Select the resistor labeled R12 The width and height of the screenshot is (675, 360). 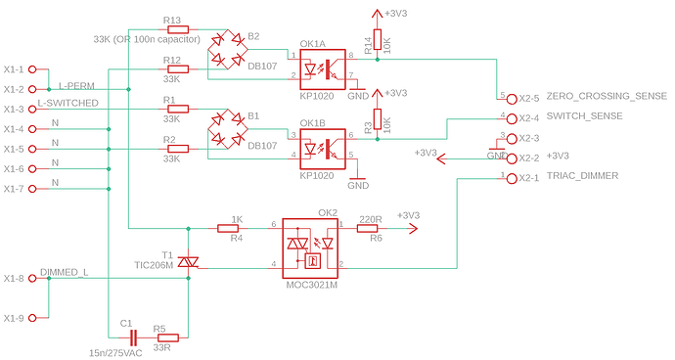tap(173, 69)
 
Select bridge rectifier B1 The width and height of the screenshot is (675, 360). tap(230, 129)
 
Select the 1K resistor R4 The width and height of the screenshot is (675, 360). tap(235, 226)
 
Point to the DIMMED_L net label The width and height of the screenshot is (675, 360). tap(66, 271)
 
